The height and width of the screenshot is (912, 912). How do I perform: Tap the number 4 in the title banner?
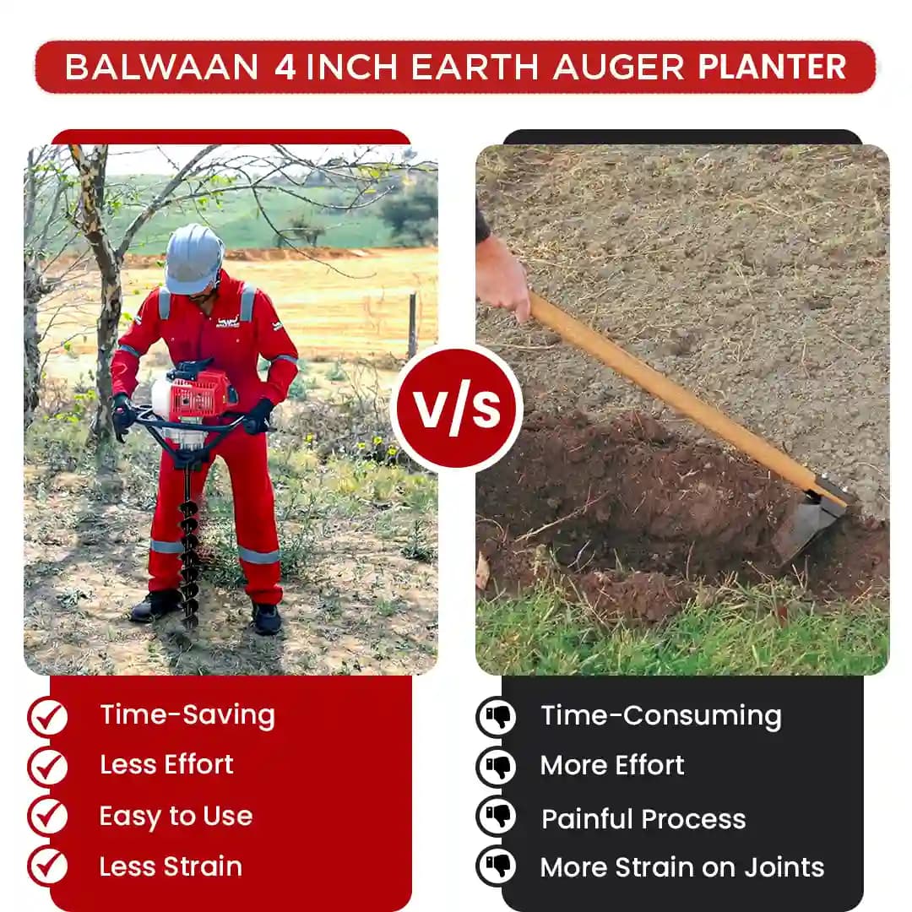coord(285,67)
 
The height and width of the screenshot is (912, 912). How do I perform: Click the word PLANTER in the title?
coord(772,67)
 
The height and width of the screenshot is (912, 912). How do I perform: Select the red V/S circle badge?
coord(456,408)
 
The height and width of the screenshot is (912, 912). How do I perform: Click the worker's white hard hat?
coord(193,257)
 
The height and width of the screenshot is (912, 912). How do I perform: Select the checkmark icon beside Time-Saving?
coord(47,717)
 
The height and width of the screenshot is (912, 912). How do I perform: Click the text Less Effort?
coord(166,765)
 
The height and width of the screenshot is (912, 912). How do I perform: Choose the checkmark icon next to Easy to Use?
coord(47,817)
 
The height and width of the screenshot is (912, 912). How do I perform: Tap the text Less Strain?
coord(171,866)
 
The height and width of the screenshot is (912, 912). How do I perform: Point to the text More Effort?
coord(612,766)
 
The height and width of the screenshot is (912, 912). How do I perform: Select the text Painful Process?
coord(643,819)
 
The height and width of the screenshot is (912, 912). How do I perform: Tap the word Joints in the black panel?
coord(780,867)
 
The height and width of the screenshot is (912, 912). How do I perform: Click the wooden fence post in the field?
coord(412,325)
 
